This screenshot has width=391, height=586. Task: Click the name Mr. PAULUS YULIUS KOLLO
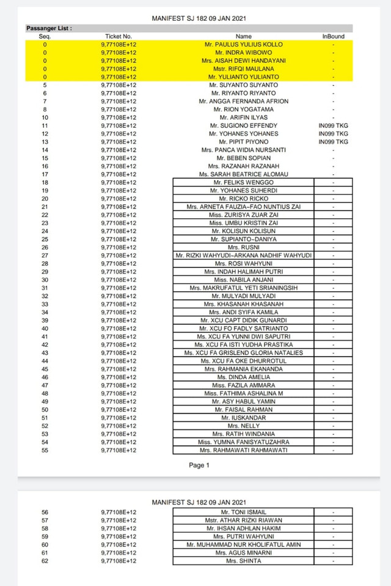(x=243, y=45)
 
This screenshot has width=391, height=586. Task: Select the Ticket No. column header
(x=119, y=37)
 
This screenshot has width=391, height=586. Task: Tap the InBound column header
(x=333, y=37)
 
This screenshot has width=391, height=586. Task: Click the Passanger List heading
(x=49, y=28)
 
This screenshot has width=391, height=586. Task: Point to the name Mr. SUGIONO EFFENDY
(x=243, y=125)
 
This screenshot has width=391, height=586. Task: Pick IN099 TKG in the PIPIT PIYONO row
(x=333, y=142)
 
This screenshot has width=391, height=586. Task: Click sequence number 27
(x=45, y=255)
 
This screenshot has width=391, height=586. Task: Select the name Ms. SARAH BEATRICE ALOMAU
(x=243, y=174)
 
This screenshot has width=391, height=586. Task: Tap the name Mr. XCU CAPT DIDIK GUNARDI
(x=243, y=321)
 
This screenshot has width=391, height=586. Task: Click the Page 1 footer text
(x=199, y=465)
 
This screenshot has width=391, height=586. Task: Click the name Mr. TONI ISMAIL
(x=243, y=512)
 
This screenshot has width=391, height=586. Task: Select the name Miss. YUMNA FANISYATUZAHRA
(x=243, y=442)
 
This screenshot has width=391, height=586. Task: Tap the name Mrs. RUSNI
(x=243, y=247)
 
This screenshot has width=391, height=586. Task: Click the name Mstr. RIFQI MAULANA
(x=243, y=69)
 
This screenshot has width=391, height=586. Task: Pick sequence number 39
(x=45, y=321)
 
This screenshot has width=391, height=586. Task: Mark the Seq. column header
(x=45, y=37)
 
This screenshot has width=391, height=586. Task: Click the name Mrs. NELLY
(x=243, y=426)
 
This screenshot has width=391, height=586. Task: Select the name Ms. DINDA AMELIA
(x=243, y=377)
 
